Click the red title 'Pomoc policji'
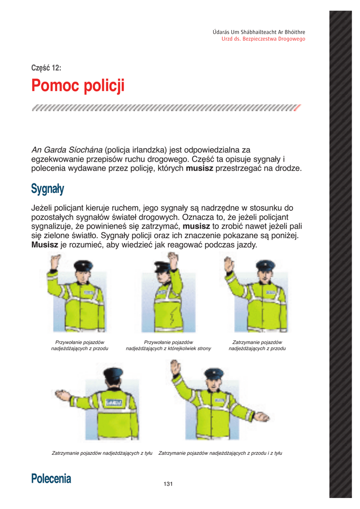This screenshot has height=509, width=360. [78, 86]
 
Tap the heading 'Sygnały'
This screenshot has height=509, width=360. [47, 189]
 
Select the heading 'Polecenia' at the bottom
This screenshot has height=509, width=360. [51, 479]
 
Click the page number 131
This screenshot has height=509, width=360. [168, 484]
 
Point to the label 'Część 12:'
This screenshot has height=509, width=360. [46, 68]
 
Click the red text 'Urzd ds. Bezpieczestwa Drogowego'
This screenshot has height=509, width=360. [263, 39]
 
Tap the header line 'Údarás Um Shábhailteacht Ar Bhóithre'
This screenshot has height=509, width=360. [259, 32]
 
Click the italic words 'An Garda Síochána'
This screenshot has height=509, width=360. [67, 150]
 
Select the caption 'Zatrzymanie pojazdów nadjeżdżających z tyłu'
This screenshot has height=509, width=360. [102, 453]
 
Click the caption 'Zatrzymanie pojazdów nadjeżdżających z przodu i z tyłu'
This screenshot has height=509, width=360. [220, 453]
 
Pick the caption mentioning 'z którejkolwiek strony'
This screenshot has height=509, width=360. [169, 348]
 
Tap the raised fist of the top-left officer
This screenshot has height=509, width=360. [54, 261]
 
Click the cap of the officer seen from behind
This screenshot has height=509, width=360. [114, 373]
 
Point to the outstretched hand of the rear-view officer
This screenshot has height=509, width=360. [63, 396]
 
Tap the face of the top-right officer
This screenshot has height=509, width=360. [265, 273]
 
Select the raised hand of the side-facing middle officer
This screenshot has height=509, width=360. [173, 259]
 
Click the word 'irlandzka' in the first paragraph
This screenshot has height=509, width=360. [139, 150]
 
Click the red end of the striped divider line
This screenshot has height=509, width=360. [297, 107]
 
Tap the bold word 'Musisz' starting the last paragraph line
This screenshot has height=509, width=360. [45, 245]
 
